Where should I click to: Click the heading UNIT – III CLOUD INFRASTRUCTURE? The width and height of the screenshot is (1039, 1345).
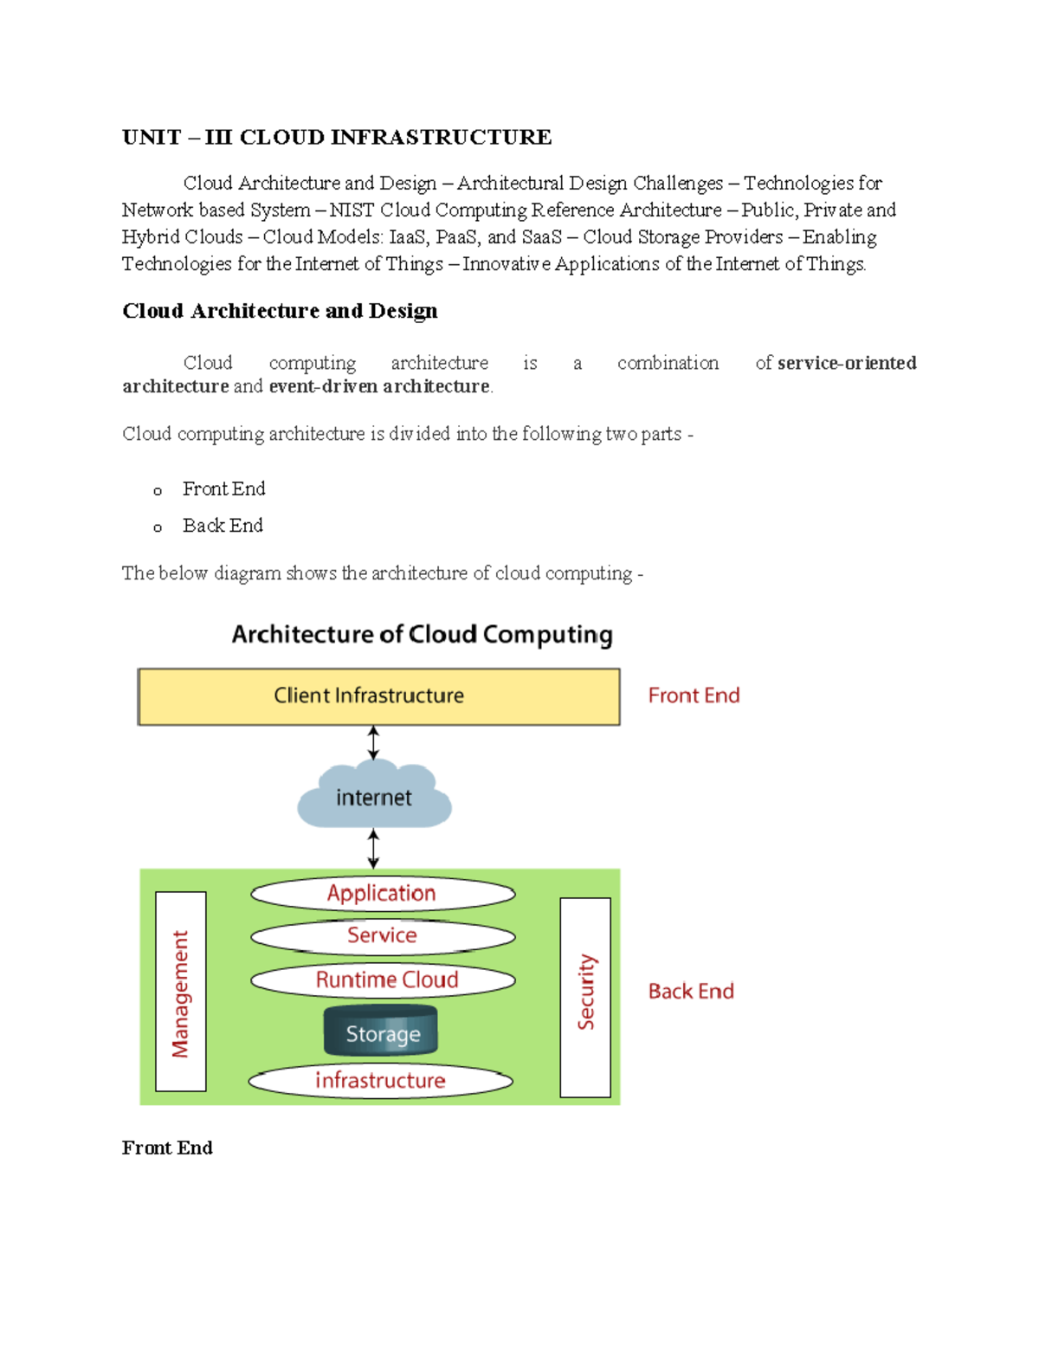pyautogui.click(x=336, y=138)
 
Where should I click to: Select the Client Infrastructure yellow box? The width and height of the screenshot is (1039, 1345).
pyautogui.click(x=378, y=696)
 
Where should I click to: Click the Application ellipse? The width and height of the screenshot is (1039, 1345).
pyautogui.click(x=383, y=894)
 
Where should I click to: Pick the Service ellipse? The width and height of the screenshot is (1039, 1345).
pyautogui.click(x=383, y=936)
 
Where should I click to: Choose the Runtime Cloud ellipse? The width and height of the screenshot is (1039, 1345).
pyautogui.click(x=383, y=980)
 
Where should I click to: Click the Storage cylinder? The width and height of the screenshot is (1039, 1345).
pyautogui.click(x=381, y=1032)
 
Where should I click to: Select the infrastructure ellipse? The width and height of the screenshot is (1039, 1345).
pyautogui.click(x=380, y=1081)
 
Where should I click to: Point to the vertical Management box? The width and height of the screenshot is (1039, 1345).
pyautogui.click(x=181, y=992)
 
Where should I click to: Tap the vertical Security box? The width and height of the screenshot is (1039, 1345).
pyautogui.click(x=585, y=997)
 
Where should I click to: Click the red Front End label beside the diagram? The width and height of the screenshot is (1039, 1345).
pyautogui.click(x=694, y=695)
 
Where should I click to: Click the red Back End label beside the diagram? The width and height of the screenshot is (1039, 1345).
pyautogui.click(x=691, y=992)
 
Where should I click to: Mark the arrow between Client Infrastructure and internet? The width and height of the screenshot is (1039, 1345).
pyautogui.click(x=373, y=743)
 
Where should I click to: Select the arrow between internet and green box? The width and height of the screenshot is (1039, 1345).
pyautogui.click(x=373, y=848)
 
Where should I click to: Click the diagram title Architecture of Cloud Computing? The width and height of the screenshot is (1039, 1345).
pyautogui.click(x=422, y=635)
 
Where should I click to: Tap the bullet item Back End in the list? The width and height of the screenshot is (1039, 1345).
pyautogui.click(x=223, y=526)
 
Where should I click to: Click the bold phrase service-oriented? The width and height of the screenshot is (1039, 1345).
pyautogui.click(x=847, y=363)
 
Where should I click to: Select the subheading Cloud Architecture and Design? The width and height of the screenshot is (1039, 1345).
pyautogui.click(x=280, y=311)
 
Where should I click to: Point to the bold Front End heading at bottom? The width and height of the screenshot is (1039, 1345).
pyautogui.click(x=167, y=1148)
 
